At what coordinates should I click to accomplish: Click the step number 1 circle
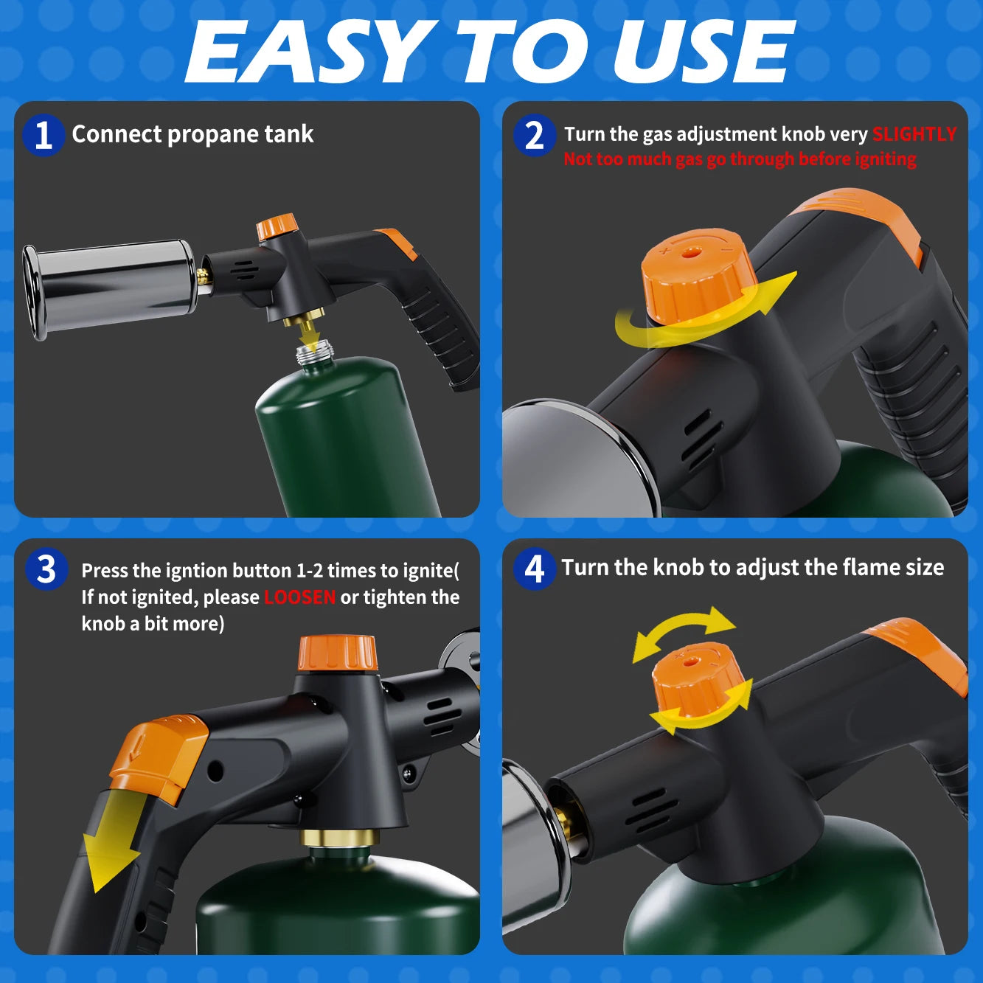coord(43,135)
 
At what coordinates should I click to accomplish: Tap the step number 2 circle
coord(534,135)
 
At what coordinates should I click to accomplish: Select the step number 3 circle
coord(46,569)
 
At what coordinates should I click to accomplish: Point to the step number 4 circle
coord(534,569)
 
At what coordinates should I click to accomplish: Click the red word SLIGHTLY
coord(914,134)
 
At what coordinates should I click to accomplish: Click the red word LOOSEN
coord(299,597)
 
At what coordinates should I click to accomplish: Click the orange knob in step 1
coord(277,226)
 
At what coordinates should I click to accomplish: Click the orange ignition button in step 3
coord(159,756)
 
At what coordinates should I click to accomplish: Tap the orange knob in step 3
coord(337,653)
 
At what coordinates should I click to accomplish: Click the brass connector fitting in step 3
coord(339,838)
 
